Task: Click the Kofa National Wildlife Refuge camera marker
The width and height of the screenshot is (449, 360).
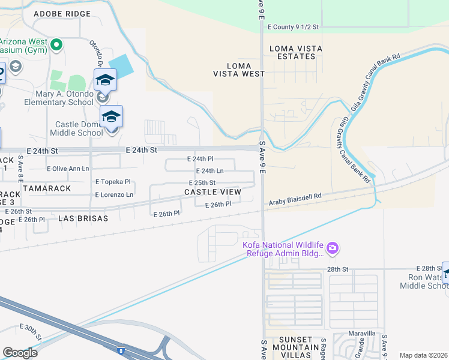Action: [x=333, y=248]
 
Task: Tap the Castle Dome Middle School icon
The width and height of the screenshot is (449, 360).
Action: [x=111, y=116]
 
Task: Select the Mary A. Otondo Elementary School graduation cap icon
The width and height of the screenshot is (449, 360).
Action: [x=104, y=80]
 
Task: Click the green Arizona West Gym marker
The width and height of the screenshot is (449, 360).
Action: [x=56, y=44]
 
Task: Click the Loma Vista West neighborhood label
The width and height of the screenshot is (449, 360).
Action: [x=238, y=70]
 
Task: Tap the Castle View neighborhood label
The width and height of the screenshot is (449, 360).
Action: [x=212, y=192]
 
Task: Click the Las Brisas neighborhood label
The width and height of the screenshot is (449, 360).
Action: [x=83, y=219]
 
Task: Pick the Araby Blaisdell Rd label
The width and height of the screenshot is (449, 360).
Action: [x=295, y=196]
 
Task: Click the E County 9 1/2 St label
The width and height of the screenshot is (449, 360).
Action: [x=294, y=27]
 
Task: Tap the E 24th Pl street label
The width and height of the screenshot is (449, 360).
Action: [x=200, y=159]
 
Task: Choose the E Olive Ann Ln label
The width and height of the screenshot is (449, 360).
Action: [x=68, y=169]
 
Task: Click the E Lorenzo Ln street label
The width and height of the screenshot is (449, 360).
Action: [x=114, y=195]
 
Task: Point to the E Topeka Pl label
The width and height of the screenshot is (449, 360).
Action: [x=113, y=181]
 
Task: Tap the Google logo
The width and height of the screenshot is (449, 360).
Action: [x=20, y=353]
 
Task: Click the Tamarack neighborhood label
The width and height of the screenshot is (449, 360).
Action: [x=47, y=188]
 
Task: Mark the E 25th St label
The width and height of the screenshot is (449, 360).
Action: [x=201, y=182]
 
